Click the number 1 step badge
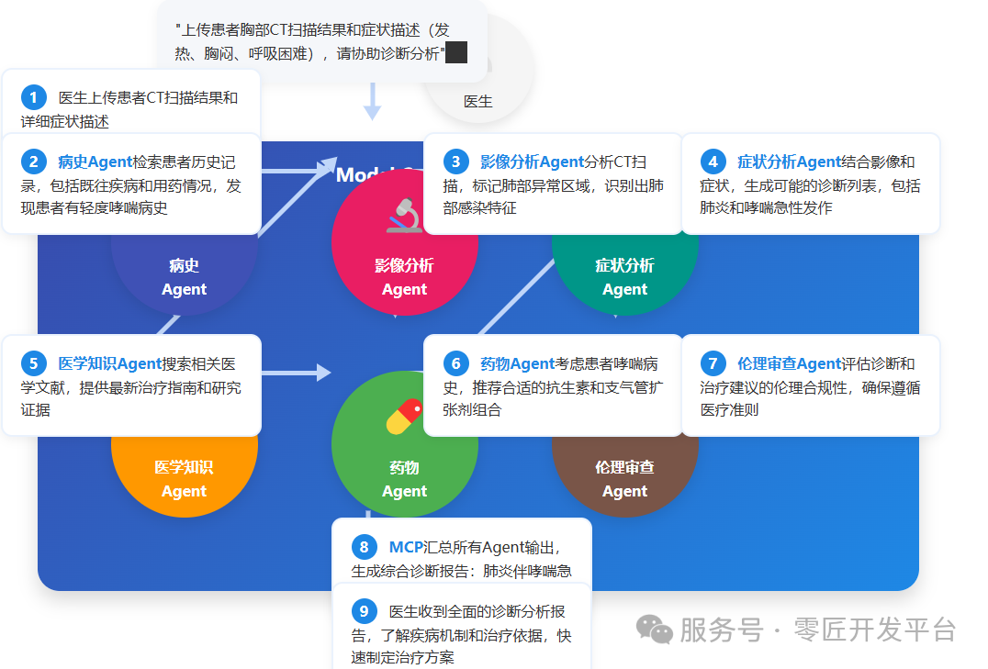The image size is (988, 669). tap(34, 97)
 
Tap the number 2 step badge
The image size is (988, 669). tap(34, 162)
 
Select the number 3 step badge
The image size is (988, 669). tap(455, 162)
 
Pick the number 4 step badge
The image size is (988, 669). tap(713, 162)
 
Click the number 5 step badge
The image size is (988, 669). tap(34, 363)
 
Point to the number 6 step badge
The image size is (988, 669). tap(455, 363)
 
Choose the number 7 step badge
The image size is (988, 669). tap(713, 363)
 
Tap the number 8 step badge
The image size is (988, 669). tap(365, 548)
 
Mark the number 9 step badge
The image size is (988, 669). tap(365, 611)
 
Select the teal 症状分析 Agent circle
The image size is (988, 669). tap(624, 275)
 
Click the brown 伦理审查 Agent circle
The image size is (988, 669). tap(624, 477)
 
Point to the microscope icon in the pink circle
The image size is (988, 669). tap(404, 217)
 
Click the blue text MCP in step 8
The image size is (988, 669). tap(407, 548)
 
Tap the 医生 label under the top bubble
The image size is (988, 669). tap(477, 102)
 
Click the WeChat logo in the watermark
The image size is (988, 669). tap(656, 629)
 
